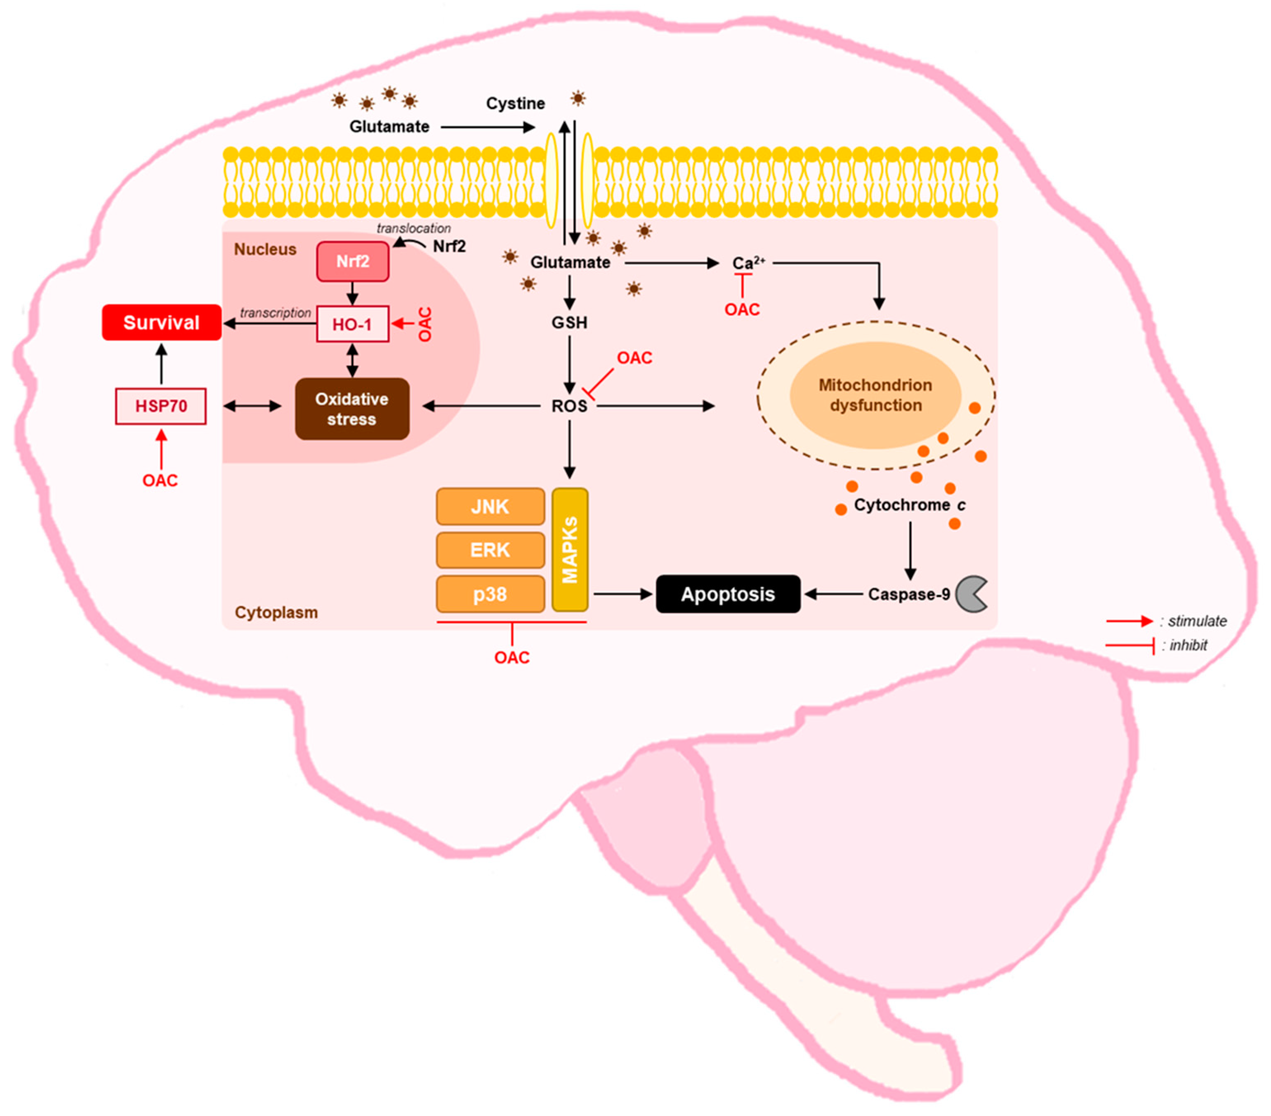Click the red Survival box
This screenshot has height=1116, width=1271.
pos(161,323)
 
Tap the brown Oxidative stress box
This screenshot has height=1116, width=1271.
pos(352,409)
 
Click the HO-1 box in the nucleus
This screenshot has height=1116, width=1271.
pos(353,324)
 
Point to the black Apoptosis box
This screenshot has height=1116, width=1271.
pos(728,594)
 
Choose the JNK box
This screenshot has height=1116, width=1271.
pos(490,507)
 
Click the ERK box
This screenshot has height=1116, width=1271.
pos(490,550)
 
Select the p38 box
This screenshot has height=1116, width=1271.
pos(490,594)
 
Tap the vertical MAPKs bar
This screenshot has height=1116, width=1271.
pos(570,550)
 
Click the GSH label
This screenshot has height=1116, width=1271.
pos(569,323)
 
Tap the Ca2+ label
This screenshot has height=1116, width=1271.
pos(747,263)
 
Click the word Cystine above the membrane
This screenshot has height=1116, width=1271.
pos(515,103)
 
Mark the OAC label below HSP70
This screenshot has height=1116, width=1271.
pos(160,480)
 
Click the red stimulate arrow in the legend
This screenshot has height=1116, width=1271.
pos(1129,621)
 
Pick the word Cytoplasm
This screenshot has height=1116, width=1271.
pos(276,612)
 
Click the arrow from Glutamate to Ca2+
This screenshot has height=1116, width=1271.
pos(672,263)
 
